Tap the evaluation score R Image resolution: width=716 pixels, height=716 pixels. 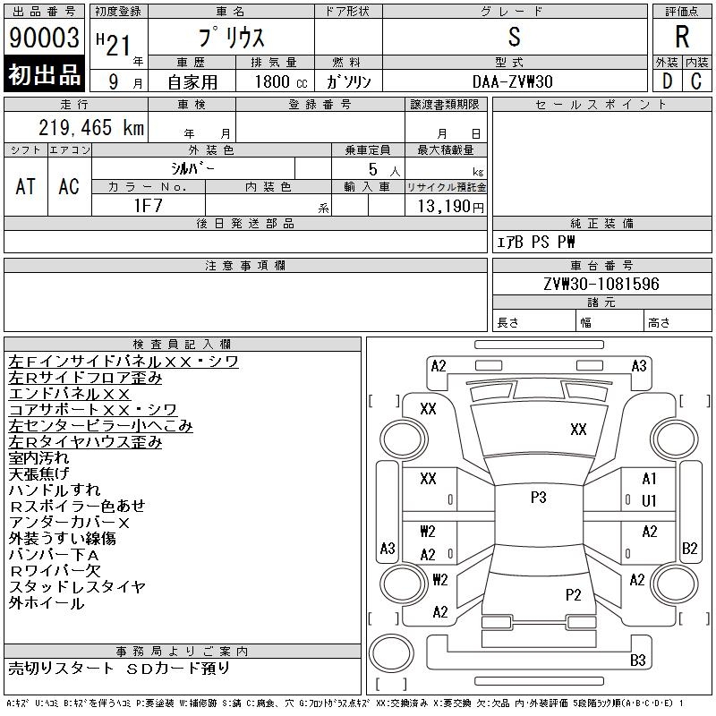click(682, 38)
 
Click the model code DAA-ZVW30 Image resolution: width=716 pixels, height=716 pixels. click(513, 81)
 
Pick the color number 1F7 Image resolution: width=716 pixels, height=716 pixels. click(148, 205)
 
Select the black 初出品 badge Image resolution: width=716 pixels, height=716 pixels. click(44, 75)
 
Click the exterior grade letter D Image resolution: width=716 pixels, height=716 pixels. click(666, 81)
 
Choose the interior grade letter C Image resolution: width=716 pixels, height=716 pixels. click(696, 81)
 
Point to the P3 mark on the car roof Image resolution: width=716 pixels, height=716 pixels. click(538, 498)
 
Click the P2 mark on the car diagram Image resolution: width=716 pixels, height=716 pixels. click(573, 594)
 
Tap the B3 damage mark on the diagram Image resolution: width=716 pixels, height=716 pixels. click(638, 661)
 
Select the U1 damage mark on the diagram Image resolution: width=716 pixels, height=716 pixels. click(649, 500)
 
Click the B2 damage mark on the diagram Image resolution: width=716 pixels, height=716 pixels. click(689, 548)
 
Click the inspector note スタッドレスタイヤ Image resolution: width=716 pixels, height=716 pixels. click(77, 587)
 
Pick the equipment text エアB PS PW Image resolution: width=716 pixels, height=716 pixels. click(536, 242)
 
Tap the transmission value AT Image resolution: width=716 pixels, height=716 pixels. click(26, 186)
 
